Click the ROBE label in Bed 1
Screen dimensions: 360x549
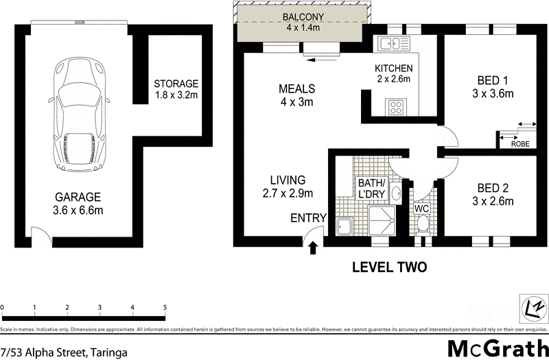519,145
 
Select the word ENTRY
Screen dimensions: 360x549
308,219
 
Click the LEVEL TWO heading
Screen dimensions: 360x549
389,267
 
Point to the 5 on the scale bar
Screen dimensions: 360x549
165,307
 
